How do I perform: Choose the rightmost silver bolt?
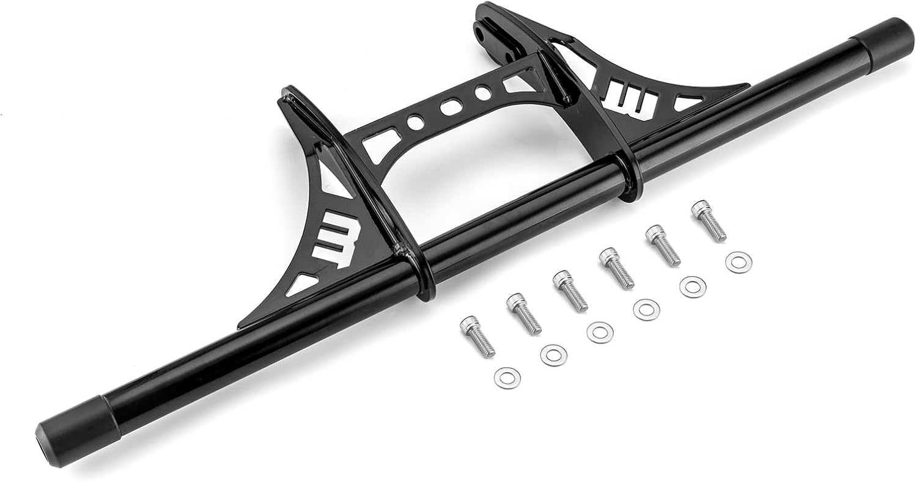point(709,221)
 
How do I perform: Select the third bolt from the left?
point(570,291)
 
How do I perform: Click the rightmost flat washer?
point(738,262)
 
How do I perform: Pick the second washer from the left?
point(553,355)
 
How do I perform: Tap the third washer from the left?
point(600,332)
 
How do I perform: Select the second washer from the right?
point(693,286)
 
